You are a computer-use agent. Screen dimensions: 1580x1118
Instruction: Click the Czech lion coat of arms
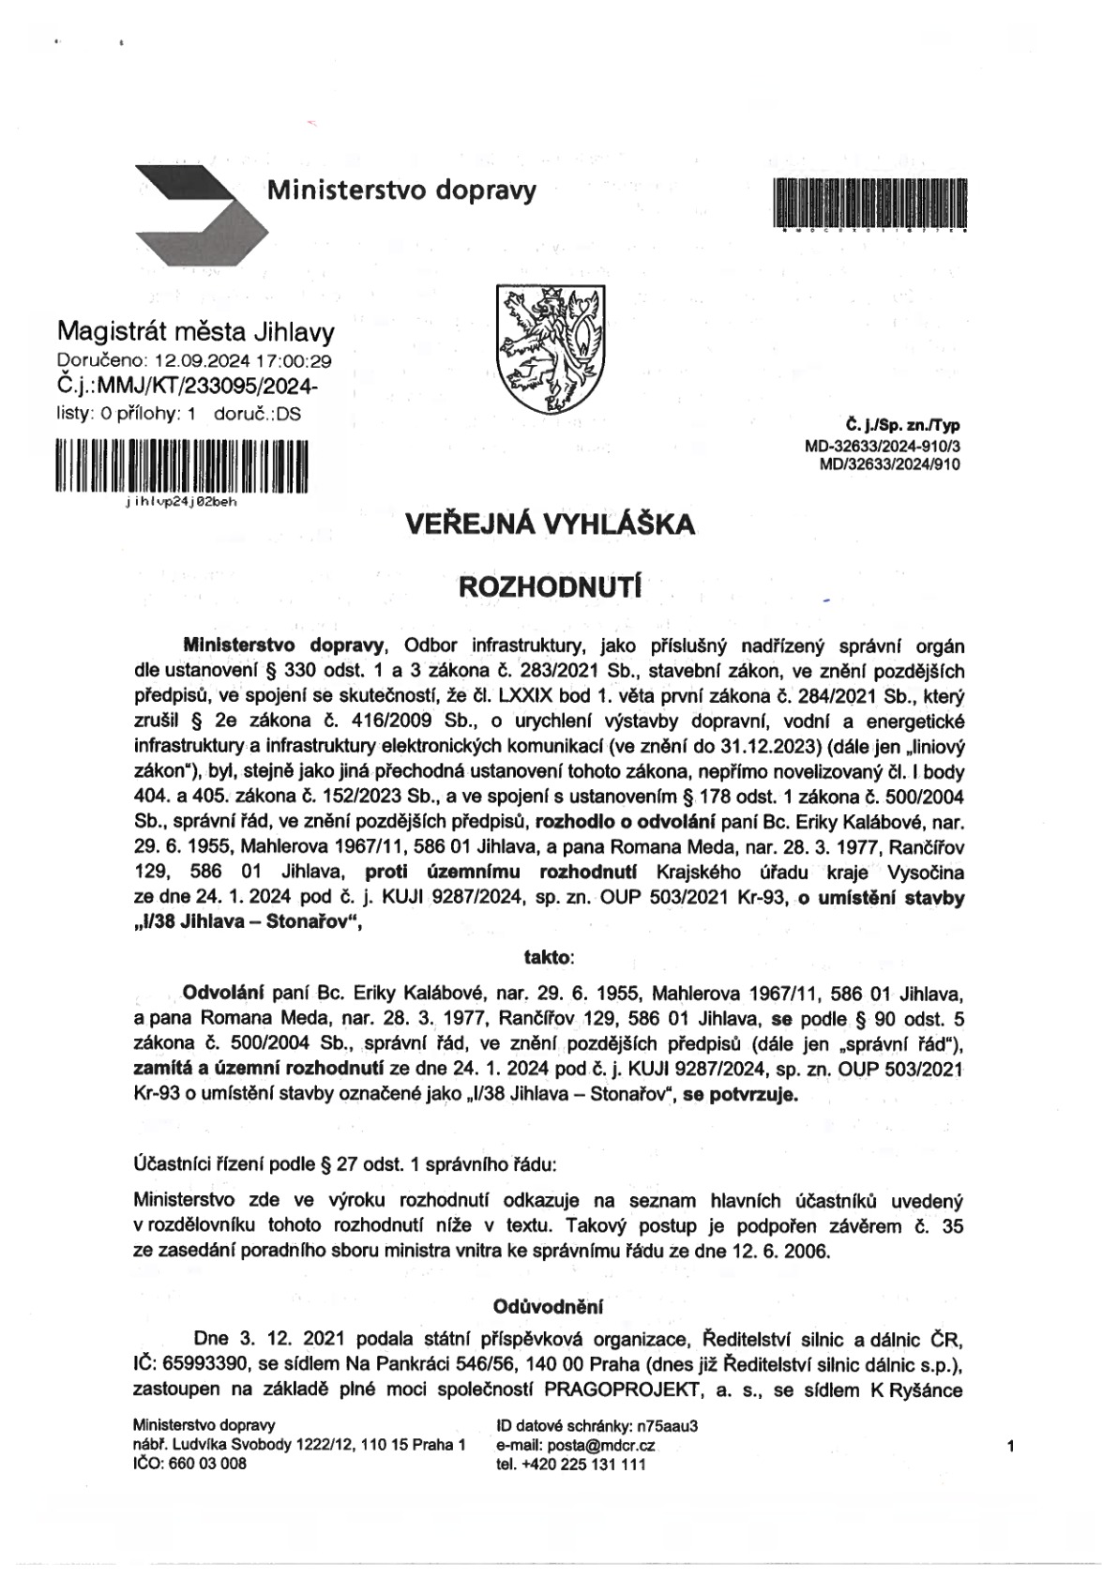coord(550,349)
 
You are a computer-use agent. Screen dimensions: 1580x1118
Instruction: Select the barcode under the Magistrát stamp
coord(182,466)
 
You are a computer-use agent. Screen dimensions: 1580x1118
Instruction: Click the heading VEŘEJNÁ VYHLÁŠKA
coord(551,524)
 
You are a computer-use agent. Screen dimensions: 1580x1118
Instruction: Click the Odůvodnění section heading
coord(549,1305)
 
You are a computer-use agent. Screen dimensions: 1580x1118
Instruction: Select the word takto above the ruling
coord(548,957)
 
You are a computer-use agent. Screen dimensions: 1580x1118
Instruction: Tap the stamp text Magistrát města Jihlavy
coord(195,332)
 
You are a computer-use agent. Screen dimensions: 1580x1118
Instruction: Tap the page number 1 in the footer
coord(1010,1447)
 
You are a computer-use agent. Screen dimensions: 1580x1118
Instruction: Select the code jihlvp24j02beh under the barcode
coord(180,502)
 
